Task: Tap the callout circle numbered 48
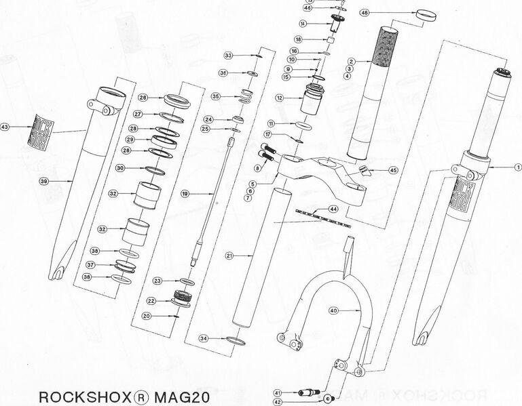pyautogui.click(x=384, y=13)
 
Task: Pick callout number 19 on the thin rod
pyautogui.click(x=185, y=194)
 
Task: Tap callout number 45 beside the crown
pyautogui.click(x=392, y=171)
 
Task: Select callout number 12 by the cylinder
pyautogui.click(x=279, y=98)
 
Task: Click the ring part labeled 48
pyautogui.click(x=424, y=14)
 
